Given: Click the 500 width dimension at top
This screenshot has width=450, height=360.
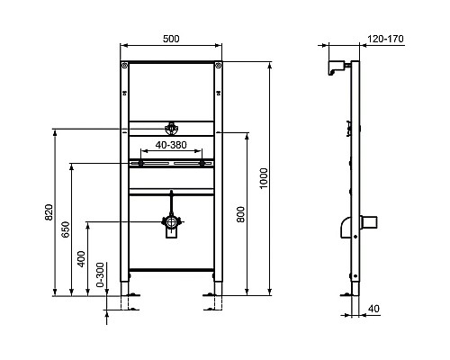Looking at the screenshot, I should coord(170,39).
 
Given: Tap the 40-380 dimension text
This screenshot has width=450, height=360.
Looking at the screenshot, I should coord(170,143).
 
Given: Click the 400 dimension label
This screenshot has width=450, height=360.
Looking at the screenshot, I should coord(81,259).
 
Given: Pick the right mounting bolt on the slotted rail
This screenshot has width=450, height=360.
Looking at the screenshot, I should coord(203,163).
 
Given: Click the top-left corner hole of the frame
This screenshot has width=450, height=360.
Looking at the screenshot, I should coord(125,66).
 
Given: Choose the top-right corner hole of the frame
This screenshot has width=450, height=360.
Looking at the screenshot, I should coord(216,66).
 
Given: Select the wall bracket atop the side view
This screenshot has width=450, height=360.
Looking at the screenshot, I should coord(340,66).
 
